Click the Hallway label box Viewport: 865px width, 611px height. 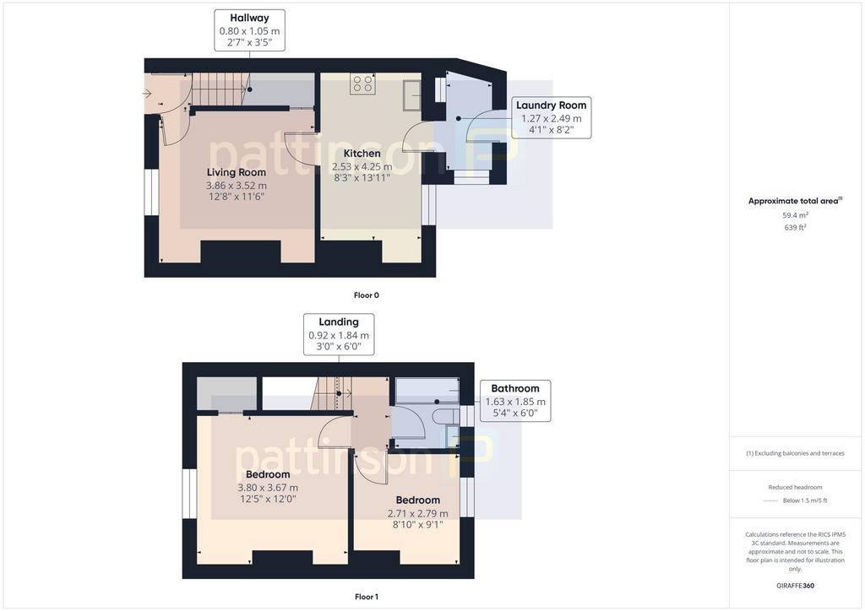(249, 30)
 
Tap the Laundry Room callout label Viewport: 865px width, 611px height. (551, 117)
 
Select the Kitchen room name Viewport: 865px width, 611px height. (362, 153)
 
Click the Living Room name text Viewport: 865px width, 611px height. (237, 172)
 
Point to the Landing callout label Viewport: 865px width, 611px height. (339, 334)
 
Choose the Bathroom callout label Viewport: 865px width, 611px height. (515, 401)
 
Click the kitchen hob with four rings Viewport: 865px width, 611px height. (362, 84)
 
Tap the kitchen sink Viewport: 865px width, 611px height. (411, 95)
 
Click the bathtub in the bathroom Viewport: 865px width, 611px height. (427, 391)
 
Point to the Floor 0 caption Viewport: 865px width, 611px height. (367, 295)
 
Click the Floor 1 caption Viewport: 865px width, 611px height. (367, 597)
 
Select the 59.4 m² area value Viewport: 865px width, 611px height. (795, 215)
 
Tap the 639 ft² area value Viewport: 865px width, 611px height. (795, 227)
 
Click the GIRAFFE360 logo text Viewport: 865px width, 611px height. (795, 586)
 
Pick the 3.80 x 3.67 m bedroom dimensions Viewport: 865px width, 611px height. (268, 488)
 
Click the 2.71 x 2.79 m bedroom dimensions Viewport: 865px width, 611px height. (417, 513)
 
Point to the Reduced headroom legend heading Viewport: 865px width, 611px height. (795, 487)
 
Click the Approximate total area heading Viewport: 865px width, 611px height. (795, 201)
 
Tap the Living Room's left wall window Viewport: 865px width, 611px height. (152, 192)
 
